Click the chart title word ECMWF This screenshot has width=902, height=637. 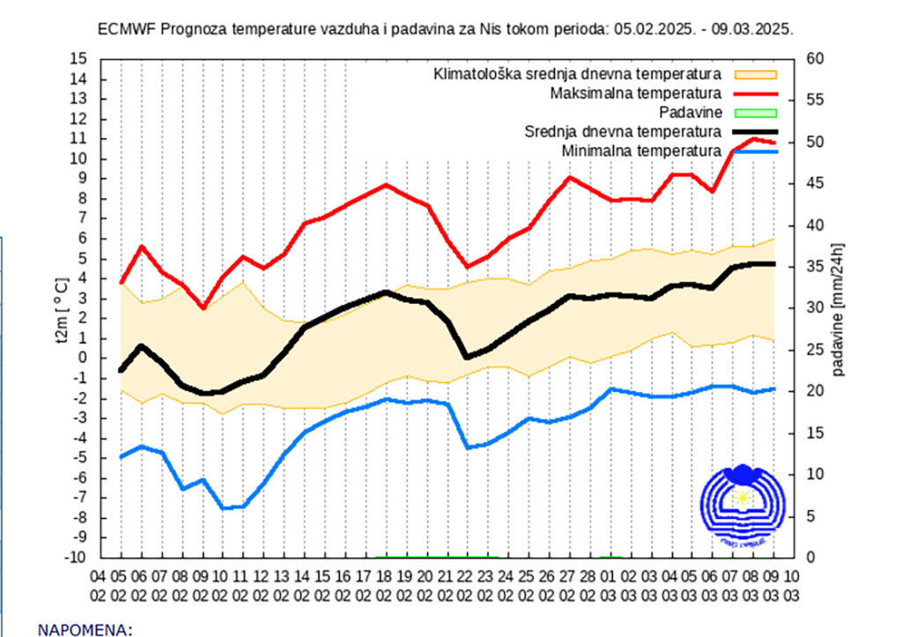point(125,28)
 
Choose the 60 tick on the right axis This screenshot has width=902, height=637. point(816,59)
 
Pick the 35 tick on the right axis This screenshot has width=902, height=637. point(816,266)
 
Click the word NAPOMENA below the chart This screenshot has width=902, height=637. point(85,630)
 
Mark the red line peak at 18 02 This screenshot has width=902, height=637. point(385,185)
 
